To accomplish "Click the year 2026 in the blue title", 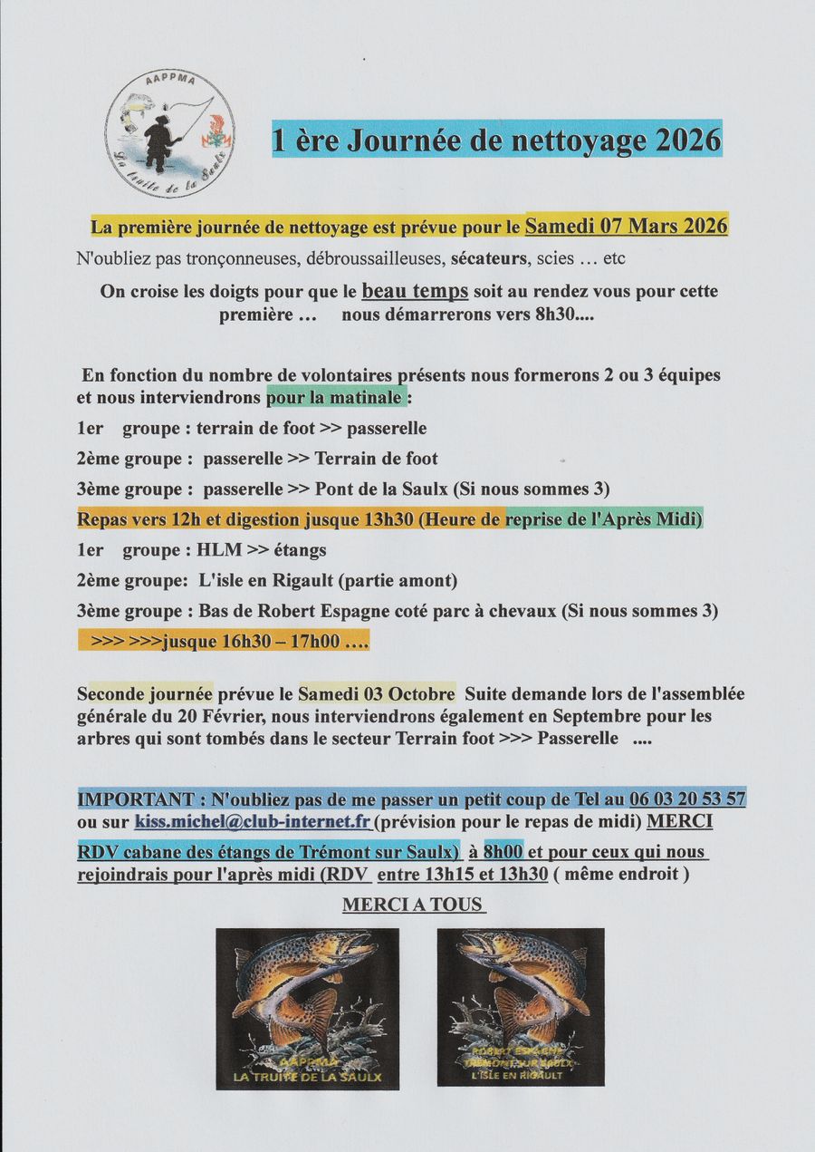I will pos(687,140).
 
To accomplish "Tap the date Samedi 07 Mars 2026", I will pos(627,226).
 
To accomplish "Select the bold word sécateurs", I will pos(490,258).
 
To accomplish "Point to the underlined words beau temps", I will pos(415,292).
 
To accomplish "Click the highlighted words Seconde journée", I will pos(145,694).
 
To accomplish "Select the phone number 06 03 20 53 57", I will pos(687,799).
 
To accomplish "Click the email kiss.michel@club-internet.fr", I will pos(253,822).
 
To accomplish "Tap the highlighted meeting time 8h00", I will pos(503,852).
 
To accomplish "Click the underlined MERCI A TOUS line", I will pos(413,905).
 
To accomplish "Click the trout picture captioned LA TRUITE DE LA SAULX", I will pos(307,1006).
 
